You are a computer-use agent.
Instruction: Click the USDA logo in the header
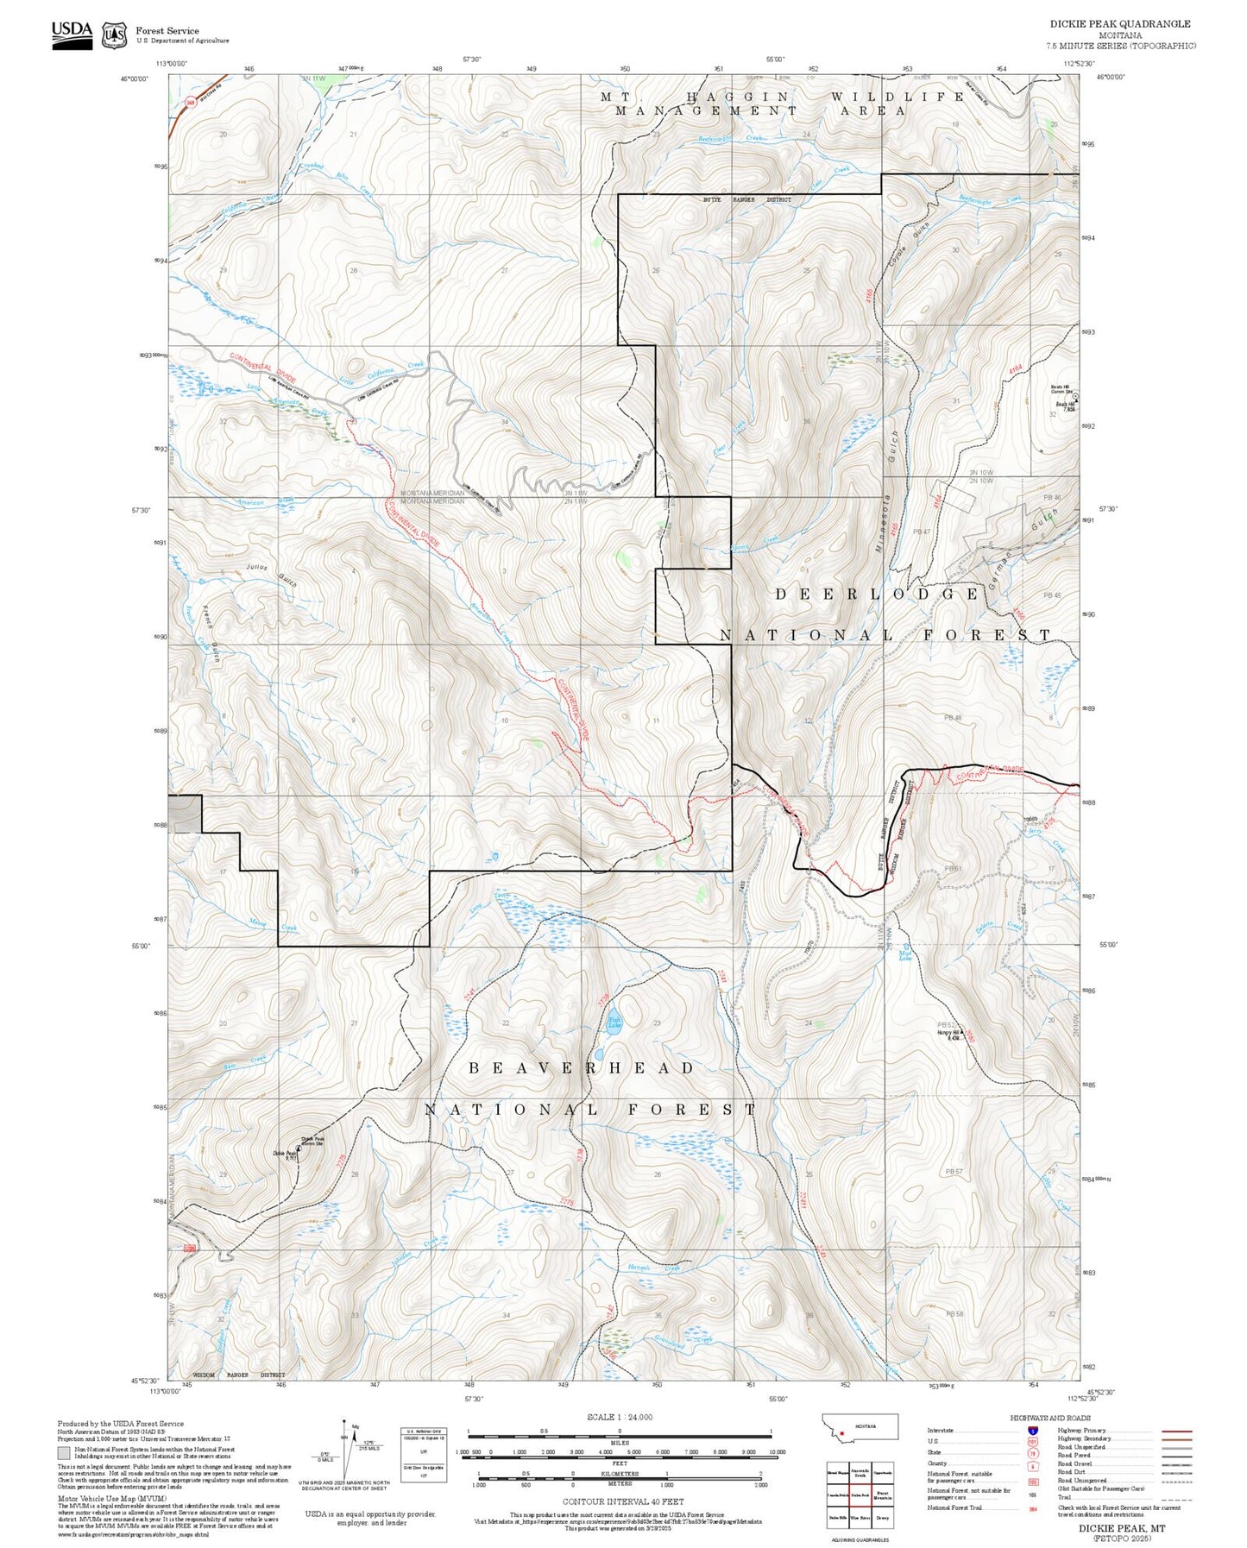pyautogui.click(x=72, y=35)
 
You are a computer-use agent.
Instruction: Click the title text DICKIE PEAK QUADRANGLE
pyautogui.click(x=1119, y=24)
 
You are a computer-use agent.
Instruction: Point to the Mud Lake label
pyautogui.click(x=905, y=955)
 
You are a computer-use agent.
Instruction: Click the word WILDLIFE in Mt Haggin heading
pyautogui.click(x=897, y=97)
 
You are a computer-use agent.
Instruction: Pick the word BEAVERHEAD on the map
pyautogui.click(x=582, y=1068)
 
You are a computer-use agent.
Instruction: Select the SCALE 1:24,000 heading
pyautogui.click(x=619, y=1417)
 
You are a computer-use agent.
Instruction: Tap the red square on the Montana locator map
pyautogui.click(x=841, y=1436)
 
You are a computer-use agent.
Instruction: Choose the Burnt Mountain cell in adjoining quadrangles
pyautogui.click(x=883, y=1494)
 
